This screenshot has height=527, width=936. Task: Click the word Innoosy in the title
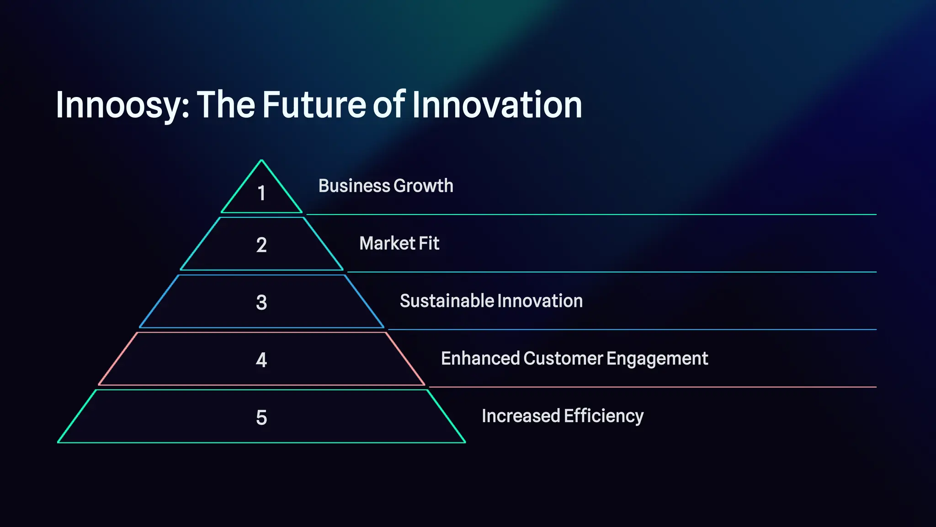pos(121,105)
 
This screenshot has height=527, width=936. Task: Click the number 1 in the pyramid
pos(261,193)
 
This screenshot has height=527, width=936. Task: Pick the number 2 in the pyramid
pos(261,245)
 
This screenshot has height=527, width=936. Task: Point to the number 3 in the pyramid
pos(261,302)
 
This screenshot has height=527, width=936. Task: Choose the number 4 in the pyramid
pos(261,360)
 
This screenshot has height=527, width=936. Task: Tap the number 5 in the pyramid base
pos(261,417)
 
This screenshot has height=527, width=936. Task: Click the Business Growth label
pos(386,186)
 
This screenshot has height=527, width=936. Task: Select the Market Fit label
pos(399,243)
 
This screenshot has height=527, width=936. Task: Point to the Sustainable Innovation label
pos(491,301)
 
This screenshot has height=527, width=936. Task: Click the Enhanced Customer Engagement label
pos(574,359)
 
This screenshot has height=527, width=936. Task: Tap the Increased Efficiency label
pos(563,416)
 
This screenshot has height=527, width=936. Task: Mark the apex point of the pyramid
pos(261,160)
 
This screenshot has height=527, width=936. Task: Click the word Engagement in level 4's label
pos(657,359)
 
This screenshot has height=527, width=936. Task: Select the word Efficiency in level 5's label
pos(603,416)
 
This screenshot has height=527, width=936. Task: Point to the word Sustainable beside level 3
pos(447,301)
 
